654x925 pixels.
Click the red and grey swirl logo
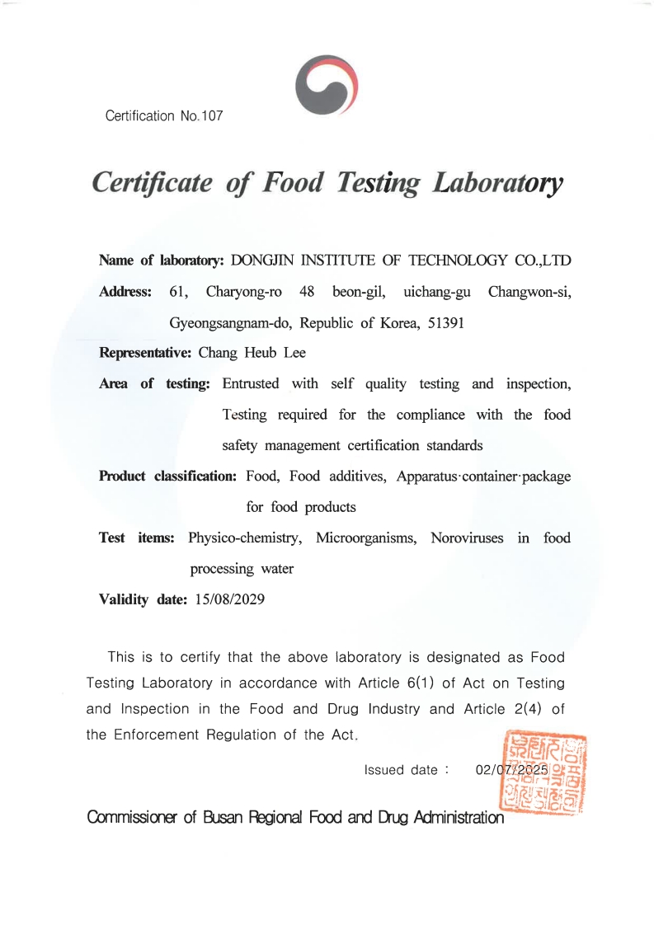[x=326, y=85]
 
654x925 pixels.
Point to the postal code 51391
[x=446, y=322]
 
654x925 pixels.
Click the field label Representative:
[x=145, y=353]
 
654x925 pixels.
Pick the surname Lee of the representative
[x=294, y=353]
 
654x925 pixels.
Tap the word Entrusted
[x=251, y=384]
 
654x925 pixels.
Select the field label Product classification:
[x=168, y=477]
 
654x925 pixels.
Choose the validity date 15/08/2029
[x=229, y=599]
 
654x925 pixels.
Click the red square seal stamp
[x=543, y=772]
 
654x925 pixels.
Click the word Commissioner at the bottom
[x=133, y=818]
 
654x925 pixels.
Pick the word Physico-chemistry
[x=243, y=538]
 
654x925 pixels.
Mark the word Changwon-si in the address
[x=529, y=292]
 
